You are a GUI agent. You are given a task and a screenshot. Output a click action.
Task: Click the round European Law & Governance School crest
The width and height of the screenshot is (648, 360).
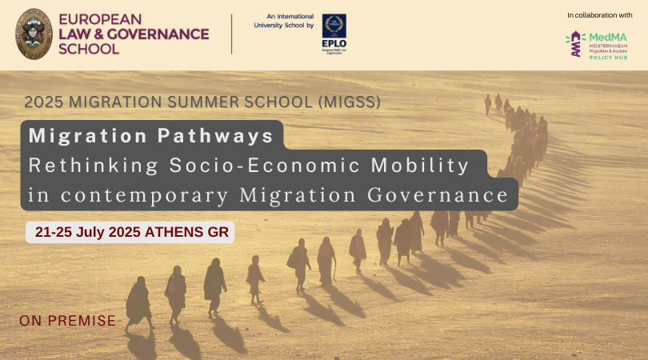coord(35,34)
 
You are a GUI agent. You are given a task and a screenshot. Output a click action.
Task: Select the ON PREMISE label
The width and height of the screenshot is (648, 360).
coord(68,322)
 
